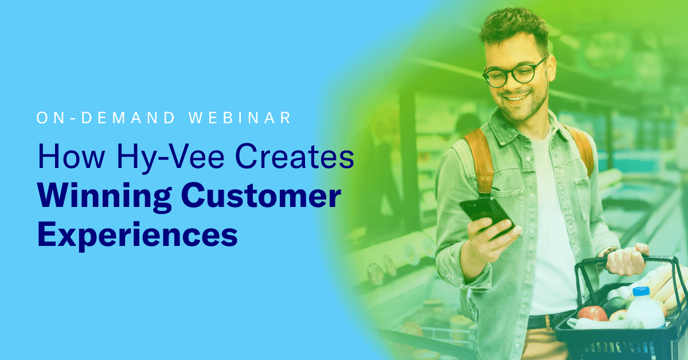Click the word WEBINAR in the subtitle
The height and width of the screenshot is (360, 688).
(240, 118)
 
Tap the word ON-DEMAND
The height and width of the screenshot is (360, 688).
(105, 118)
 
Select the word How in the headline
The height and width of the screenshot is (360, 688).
(71, 156)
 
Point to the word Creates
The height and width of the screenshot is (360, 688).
(295, 156)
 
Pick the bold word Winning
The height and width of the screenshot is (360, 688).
(104, 197)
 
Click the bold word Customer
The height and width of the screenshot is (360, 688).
(261, 195)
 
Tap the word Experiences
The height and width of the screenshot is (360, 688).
(138, 235)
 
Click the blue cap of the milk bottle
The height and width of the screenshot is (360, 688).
(641, 291)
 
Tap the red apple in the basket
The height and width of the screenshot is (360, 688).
(592, 314)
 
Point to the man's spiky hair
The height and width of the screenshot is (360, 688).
(514, 26)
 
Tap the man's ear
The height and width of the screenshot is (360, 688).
(552, 68)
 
